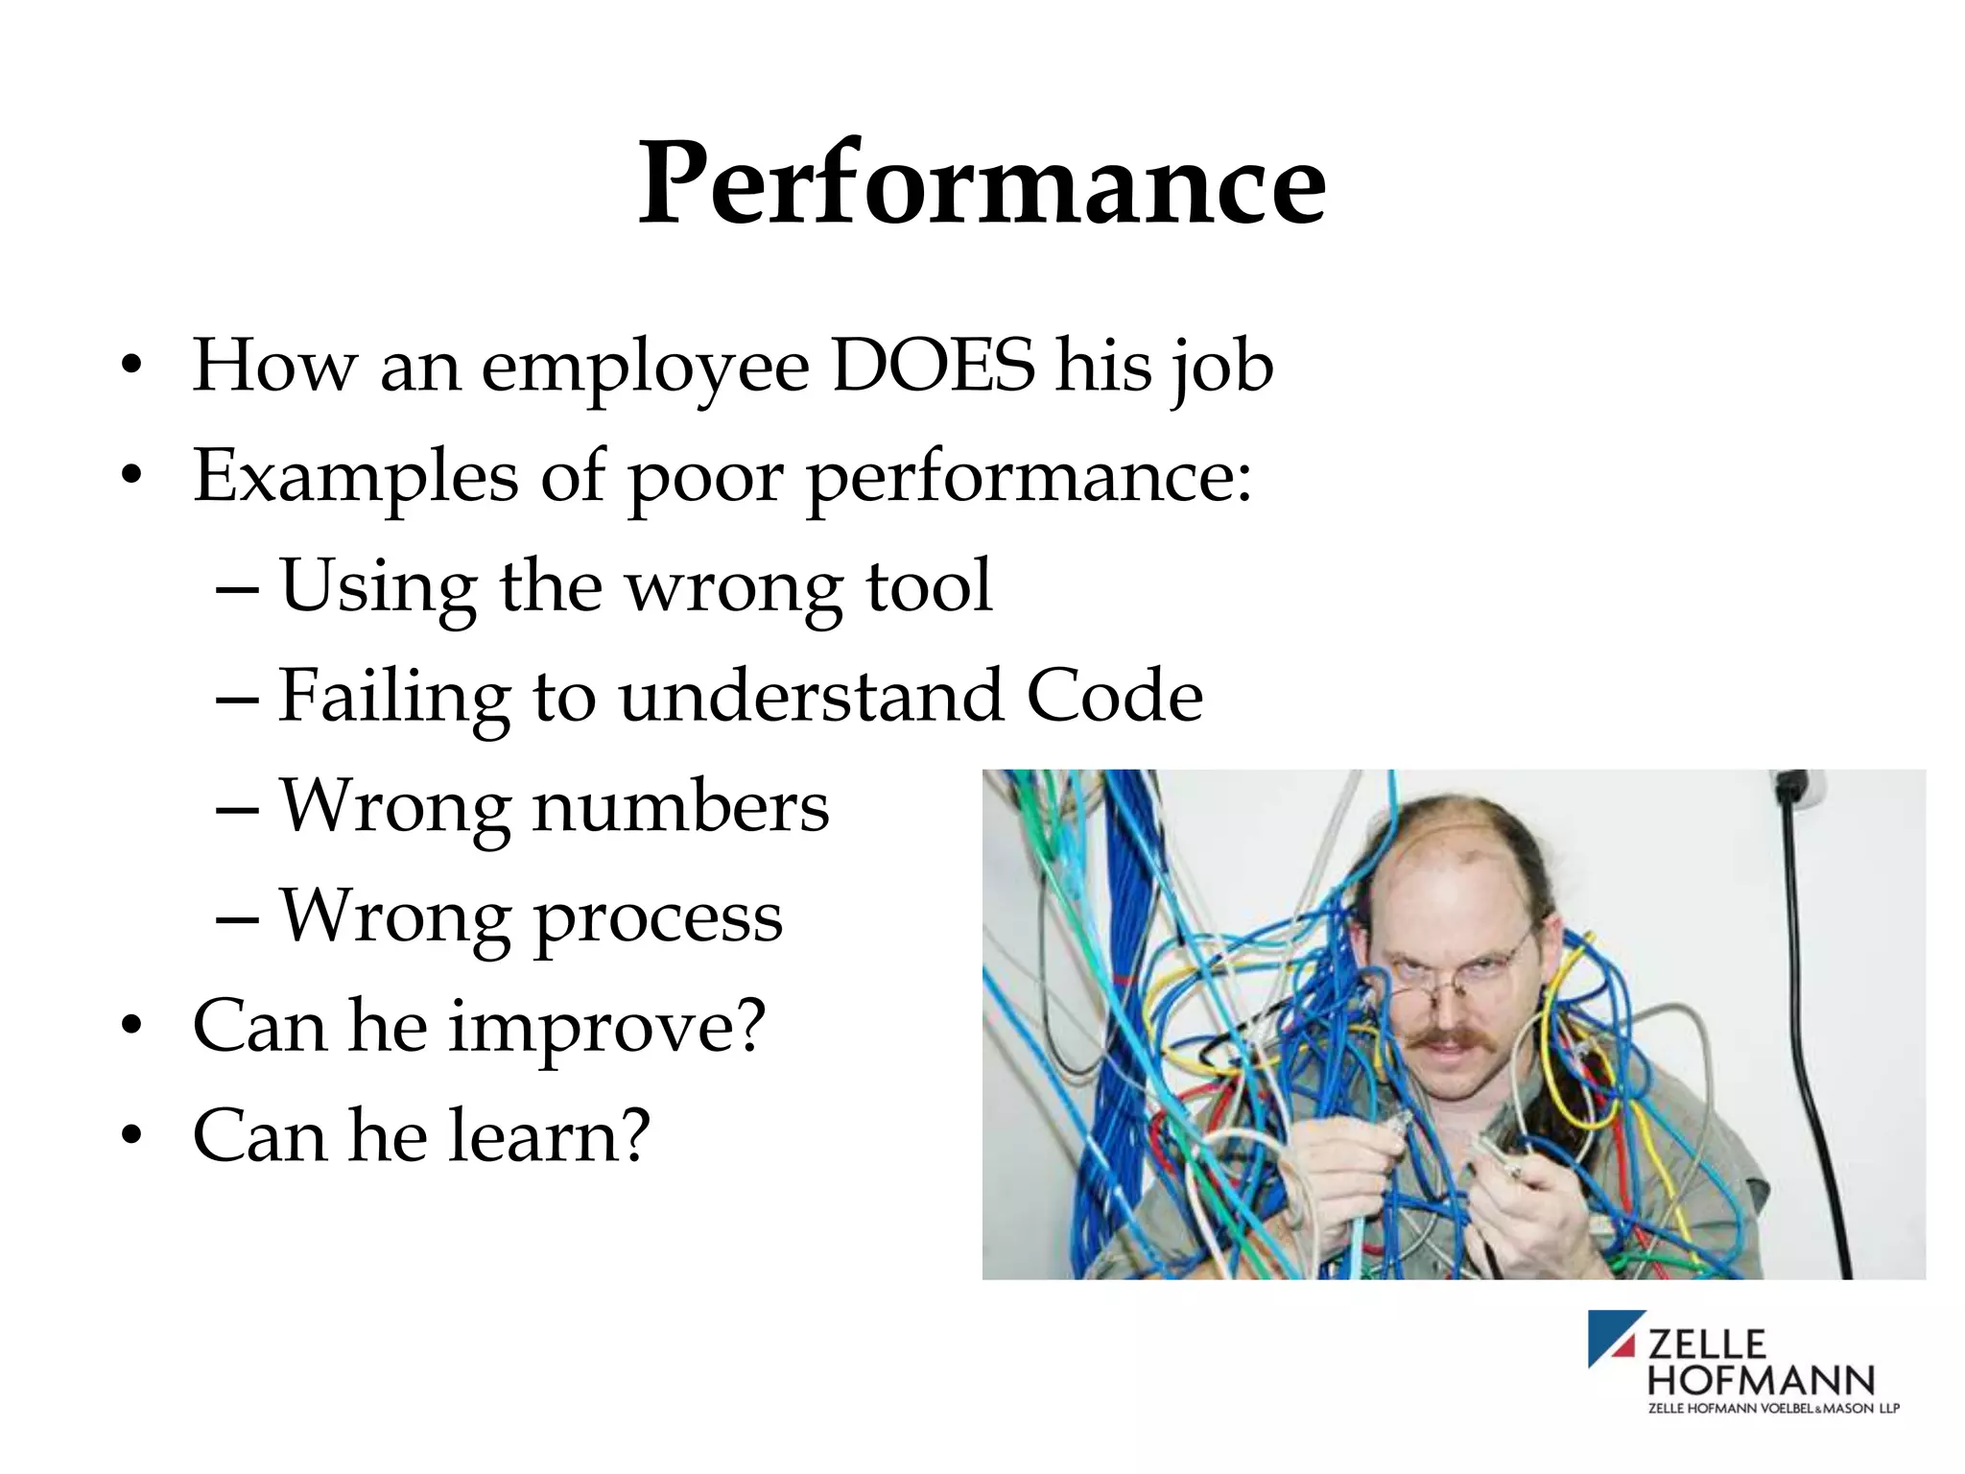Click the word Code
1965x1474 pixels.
pos(1114,696)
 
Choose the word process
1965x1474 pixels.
pos(657,919)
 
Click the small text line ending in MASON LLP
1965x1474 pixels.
pos(1773,1408)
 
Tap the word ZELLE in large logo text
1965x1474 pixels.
pos(1706,1343)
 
